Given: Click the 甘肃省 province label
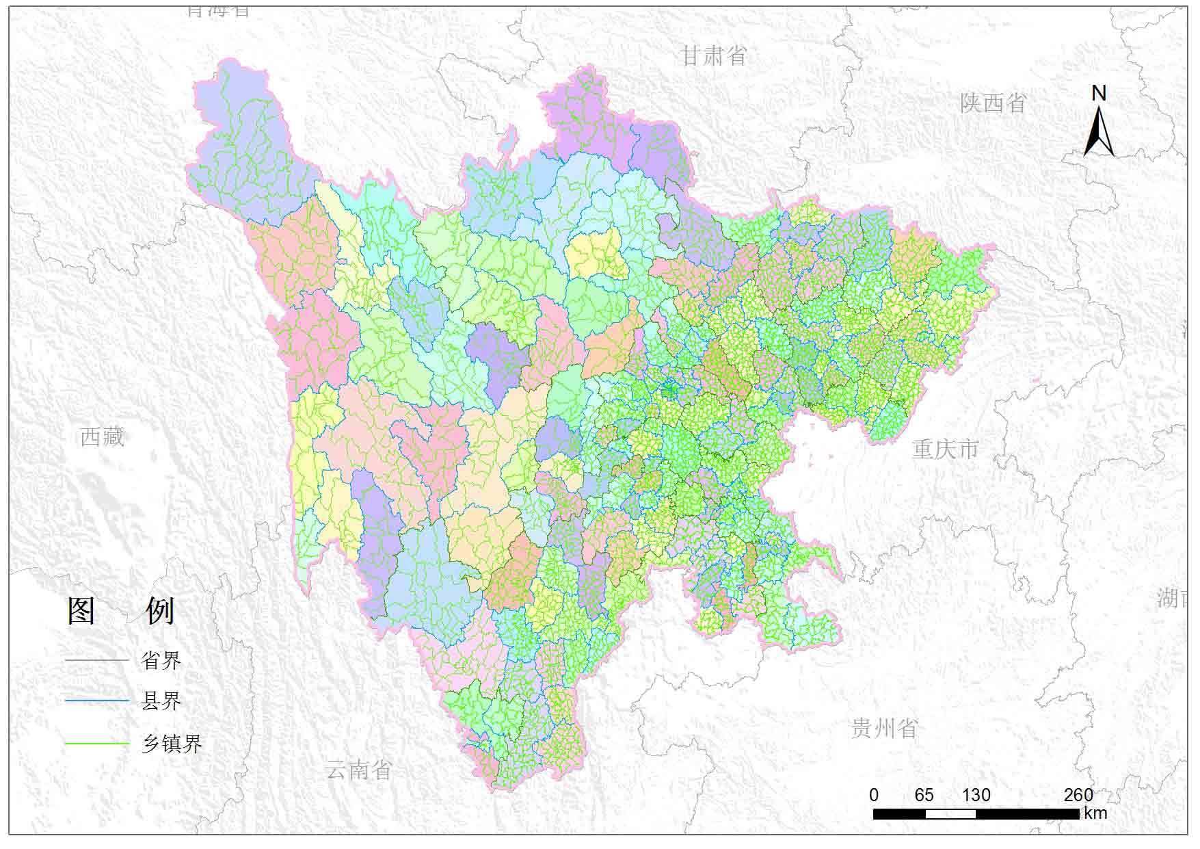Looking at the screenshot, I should coord(713,55).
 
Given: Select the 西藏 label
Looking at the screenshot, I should coord(103,436).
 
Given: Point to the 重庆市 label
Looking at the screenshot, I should coord(946,449).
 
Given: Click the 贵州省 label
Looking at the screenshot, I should coord(883,729).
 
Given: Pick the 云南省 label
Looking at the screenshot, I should coord(358,770).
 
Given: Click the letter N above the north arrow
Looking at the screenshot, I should coord(1098,93).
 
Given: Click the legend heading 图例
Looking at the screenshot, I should coord(121,610).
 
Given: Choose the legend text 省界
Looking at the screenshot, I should coord(161,660).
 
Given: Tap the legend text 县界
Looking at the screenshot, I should coord(161,701).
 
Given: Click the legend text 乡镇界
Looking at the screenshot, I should coord(172,744).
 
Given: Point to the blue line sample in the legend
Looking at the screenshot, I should coord(97,701).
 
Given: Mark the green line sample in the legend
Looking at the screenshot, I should coord(97,744).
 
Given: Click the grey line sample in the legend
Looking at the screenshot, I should coord(97,660).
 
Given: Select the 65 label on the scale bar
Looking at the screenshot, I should coord(924,795).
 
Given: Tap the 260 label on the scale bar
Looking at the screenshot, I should coord(1078,795).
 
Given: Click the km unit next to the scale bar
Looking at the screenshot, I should coord(1095,813).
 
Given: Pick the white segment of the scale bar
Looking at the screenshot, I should coord(950,814).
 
